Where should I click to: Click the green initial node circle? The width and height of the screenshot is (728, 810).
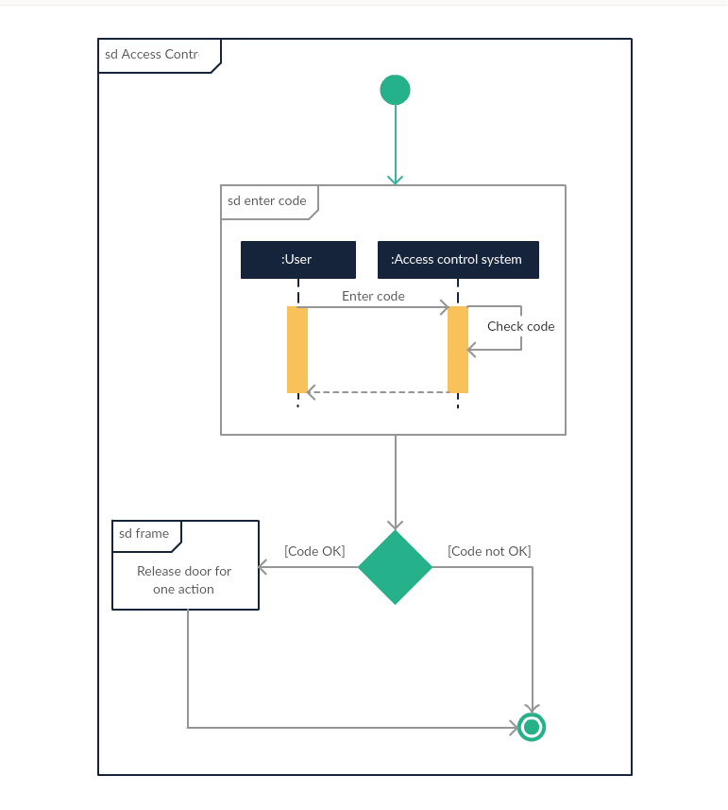click(395, 90)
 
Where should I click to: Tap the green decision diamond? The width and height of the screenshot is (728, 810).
click(395, 567)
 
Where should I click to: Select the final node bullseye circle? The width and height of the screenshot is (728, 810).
click(532, 727)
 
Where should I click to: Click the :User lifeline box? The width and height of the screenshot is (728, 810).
click(297, 260)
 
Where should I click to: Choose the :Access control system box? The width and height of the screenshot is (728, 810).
click(458, 260)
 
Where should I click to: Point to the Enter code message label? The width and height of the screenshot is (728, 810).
click(373, 296)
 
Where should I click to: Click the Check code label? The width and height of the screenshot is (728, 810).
click(520, 326)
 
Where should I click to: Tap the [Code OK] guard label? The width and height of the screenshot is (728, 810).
click(314, 551)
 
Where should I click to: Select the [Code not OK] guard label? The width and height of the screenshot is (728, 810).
click(489, 551)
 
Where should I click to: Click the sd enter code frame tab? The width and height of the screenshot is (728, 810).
click(268, 201)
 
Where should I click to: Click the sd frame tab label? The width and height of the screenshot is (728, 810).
click(144, 534)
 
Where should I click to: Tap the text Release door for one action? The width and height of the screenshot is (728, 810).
click(184, 579)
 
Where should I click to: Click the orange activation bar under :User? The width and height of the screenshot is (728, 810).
click(297, 350)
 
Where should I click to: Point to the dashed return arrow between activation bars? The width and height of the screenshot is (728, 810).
click(378, 391)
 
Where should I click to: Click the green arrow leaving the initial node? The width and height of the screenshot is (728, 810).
click(395, 142)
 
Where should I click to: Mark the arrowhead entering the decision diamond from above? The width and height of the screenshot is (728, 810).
click(395, 525)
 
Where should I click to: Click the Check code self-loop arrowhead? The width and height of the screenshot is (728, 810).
click(473, 350)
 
